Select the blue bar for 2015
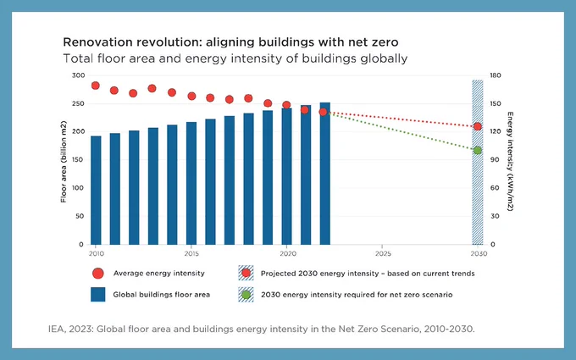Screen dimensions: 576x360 coord(191,183)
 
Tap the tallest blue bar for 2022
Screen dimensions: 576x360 coord(325,174)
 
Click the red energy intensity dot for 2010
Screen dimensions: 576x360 coord(96,86)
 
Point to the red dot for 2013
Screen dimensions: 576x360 coord(152,88)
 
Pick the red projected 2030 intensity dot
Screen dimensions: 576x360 coord(478,127)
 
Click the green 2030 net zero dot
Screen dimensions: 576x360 coord(478,150)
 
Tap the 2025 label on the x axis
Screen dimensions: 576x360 coord(383,253)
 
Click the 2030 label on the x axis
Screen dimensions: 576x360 coord(479,253)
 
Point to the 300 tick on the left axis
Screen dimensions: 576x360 coord(78,75)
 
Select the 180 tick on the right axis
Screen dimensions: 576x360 coord(496,75)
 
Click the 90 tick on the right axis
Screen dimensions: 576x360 coord(495,160)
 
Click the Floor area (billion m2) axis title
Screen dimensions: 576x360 coord(64,162)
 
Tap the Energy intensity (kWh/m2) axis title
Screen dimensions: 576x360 coord(510,161)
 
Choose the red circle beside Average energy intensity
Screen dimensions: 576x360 coord(98,274)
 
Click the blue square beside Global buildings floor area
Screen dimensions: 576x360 coord(98,295)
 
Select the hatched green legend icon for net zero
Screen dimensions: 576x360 coord(246,295)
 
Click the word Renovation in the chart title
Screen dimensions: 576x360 coord(97,42)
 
